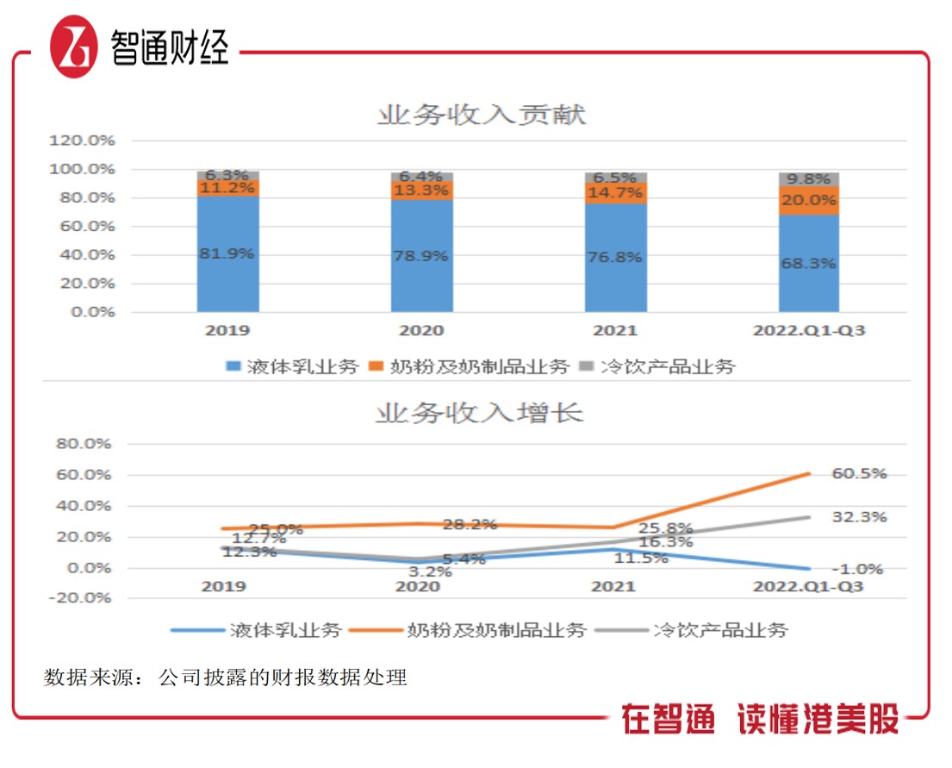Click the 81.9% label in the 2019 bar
pos(227,254)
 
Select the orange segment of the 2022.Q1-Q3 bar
pos(809,201)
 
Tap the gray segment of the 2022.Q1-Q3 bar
pos(809,179)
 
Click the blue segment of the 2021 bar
pos(616,258)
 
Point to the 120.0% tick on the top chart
pos(84,140)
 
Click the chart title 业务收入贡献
pos(481,115)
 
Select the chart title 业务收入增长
pos(479,413)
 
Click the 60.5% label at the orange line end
pos(859,474)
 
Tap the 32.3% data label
pos(859,517)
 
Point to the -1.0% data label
pos(859,569)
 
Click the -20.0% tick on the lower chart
pos(84,598)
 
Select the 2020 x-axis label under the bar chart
pos(422,331)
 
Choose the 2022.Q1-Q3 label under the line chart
pos(808,587)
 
